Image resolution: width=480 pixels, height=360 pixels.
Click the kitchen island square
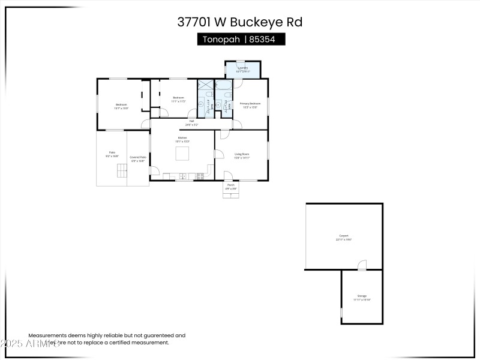click(182, 154)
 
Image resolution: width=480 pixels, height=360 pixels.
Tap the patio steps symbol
click(122, 170)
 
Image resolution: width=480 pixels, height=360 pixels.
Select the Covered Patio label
click(138, 158)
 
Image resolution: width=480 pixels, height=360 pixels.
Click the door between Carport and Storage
click(362, 265)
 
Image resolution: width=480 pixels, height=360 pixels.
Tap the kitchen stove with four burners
click(200, 176)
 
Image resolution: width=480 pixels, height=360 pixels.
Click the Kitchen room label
click(181, 139)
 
